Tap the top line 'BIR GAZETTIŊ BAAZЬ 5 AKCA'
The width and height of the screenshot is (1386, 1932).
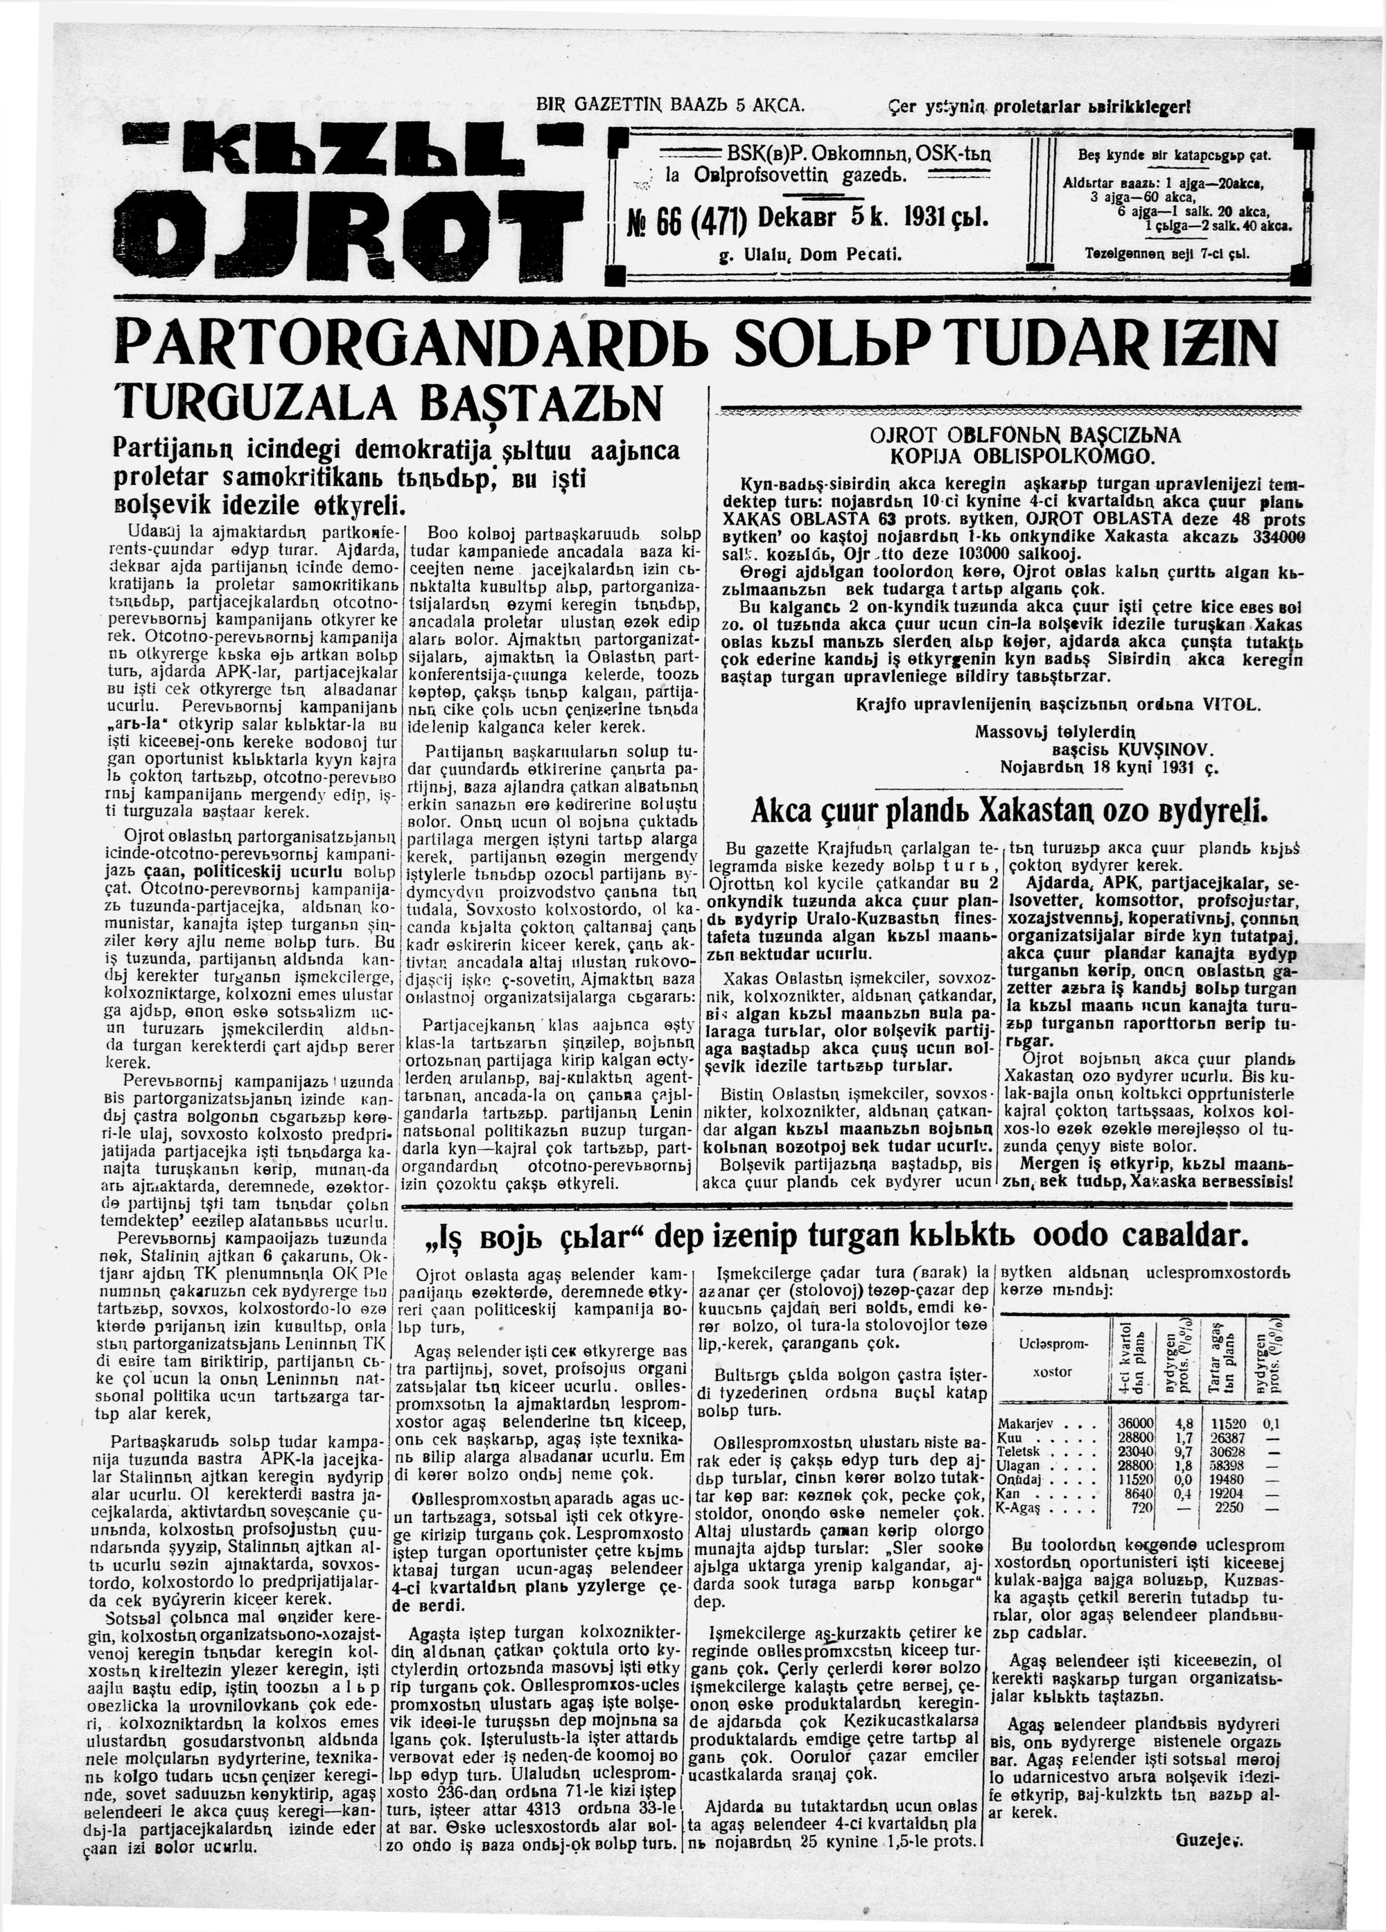coord(669,107)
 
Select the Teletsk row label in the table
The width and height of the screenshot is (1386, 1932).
coord(1022,1450)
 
